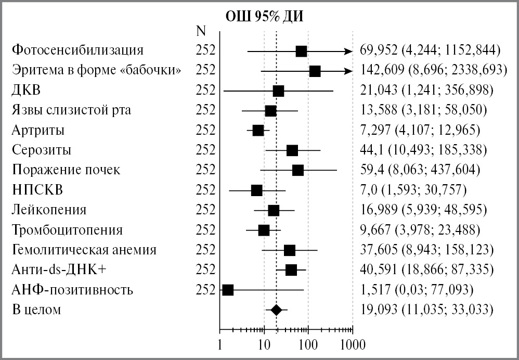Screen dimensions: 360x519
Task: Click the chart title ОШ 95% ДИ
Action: point(264,16)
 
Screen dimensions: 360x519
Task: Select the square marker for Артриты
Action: point(258,130)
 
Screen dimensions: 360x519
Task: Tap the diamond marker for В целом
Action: point(277,310)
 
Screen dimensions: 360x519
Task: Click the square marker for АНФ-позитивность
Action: point(227,290)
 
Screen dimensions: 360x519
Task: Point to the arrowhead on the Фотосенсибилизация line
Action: point(348,51)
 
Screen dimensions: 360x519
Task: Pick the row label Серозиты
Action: point(49,150)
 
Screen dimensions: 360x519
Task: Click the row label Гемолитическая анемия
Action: point(84,250)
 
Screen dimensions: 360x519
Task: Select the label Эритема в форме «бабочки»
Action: point(97,71)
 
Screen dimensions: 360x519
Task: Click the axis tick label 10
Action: point(264,344)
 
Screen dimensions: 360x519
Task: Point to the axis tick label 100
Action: point(308,344)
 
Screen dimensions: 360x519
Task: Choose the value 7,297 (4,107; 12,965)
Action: point(420,130)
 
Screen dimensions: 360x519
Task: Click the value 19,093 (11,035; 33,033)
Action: point(426,310)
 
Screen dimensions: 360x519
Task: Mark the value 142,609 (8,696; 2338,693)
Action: point(433,71)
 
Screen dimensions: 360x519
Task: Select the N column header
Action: point(201,31)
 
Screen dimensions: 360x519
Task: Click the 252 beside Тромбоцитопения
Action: point(205,230)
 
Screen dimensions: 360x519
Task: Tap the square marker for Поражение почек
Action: point(297,170)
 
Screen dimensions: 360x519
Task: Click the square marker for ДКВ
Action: point(278,91)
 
